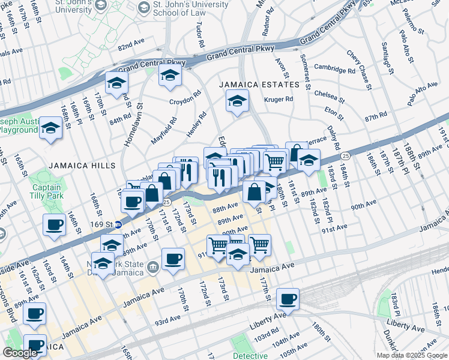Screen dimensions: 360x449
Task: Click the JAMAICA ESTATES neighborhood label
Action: click(x=259, y=85)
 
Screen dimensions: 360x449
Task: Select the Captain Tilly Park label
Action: click(x=46, y=191)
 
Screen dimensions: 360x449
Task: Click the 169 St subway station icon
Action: click(x=119, y=225)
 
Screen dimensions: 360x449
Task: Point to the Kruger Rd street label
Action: click(x=279, y=99)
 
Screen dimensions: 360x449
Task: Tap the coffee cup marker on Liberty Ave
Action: click(x=288, y=298)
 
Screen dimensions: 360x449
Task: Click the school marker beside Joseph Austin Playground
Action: click(x=51, y=128)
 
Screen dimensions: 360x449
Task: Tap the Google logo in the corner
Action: click(x=20, y=353)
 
